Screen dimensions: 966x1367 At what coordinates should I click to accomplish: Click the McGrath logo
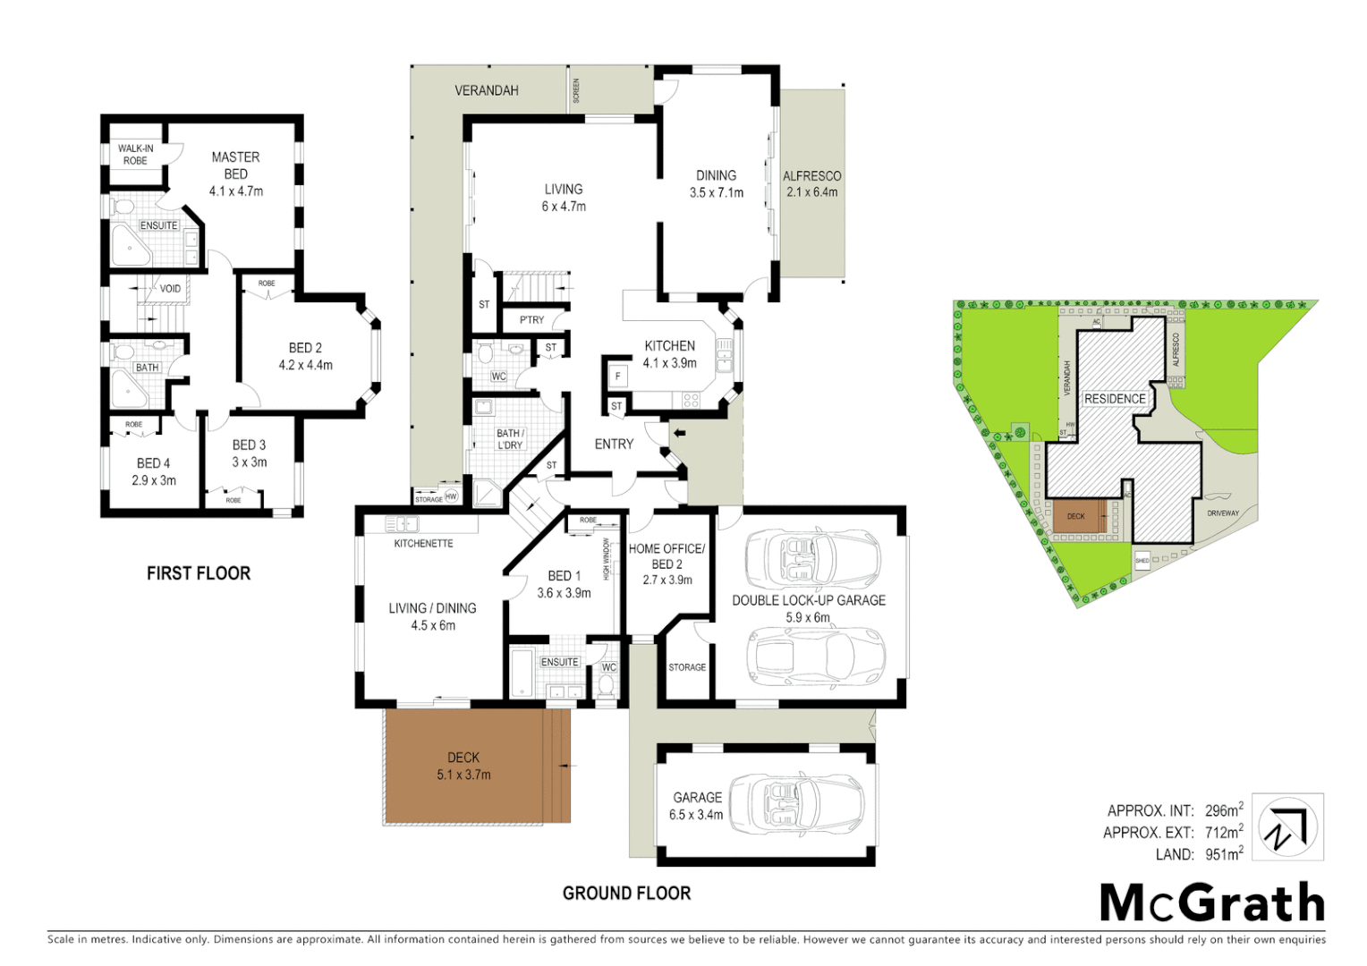pyautogui.click(x=1212, y=902)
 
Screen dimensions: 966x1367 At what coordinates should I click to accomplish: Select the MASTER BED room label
pyautogui.click(x=235, y=165)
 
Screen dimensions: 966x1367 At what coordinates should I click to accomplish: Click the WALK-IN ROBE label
pyautogui.click(x=135, y=155)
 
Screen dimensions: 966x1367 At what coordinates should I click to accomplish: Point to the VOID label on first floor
pyautogui.click(x=170, y=289)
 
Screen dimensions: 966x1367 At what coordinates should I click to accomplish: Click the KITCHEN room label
pyautogui.click(x=669, y=346)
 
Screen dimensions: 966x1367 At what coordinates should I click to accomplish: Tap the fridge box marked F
pyautogui.click(x=617, y=376)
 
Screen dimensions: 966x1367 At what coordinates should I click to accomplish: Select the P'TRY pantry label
pyautogui.click(x=531, y=320)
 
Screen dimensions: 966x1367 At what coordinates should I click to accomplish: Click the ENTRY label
pyautogui.click(x=614, y=445)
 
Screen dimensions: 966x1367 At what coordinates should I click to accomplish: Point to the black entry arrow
pyautogui.click(x=679, y=434)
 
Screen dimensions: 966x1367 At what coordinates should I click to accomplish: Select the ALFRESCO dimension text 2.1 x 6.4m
pyautogui.click(x=811, y=192)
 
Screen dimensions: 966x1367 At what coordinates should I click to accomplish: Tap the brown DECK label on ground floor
pyautogui.click(x=463, y=758)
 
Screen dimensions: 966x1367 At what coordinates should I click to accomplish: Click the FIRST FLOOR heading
pyautogui.click(x=199, y=573)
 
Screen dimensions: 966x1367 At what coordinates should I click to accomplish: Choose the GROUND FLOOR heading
pyautogui.click(x=626, y=893)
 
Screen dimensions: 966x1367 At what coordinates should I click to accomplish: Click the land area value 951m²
pyautogui.click(x=1223, y=854)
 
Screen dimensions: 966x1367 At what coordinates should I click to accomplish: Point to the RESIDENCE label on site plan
pyautogui.click(x=1115, y=399)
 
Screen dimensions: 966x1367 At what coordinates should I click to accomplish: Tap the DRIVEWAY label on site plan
pyautogui.click(x=1223, y=513)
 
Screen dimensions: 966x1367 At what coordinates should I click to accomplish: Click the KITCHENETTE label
pyautogui.click(x=423, y=544)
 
